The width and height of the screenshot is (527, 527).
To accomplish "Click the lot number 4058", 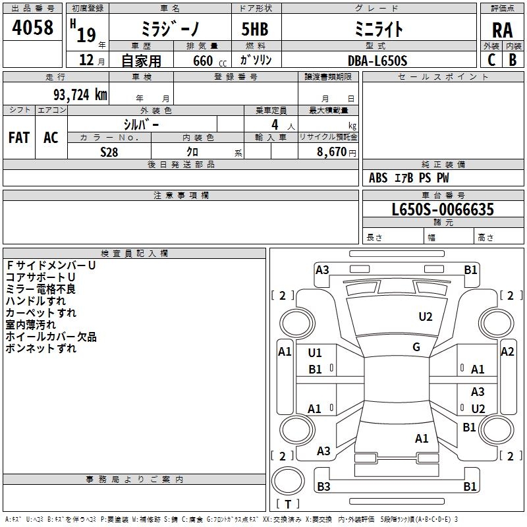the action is coord(32,28).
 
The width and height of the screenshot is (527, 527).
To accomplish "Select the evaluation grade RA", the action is coord(503,30).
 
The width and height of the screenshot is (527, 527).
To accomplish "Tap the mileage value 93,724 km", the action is coord(80,95).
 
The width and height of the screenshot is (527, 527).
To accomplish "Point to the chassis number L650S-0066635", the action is coord(443,209).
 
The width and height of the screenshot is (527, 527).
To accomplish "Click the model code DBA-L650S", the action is coord(377,61).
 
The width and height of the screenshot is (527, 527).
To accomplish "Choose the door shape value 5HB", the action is coord(255,29).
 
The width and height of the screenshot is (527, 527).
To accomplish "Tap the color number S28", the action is coord(109,152).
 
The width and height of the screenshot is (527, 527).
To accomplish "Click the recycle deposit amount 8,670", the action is coord(331,152).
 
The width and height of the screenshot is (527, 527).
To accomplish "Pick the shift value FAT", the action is coord(19,138).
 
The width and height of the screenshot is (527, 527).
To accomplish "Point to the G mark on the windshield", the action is coord(416,347).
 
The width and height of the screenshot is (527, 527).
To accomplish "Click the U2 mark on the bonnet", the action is coord(426,317).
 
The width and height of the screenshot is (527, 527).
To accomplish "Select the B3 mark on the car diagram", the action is coord(323,486).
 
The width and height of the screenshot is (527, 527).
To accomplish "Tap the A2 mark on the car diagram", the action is coord(507,352).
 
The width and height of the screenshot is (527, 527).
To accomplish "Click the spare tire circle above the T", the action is coord(288,480).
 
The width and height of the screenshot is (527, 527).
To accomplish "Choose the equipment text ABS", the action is coord(378,178).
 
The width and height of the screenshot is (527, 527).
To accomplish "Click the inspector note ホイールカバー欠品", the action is coord(51,337).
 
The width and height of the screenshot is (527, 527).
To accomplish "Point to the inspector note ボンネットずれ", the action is coord(41,348).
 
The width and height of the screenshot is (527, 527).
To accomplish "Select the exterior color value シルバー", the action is coord(141,125).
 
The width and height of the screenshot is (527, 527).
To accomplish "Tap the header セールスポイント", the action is coord(443,77).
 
